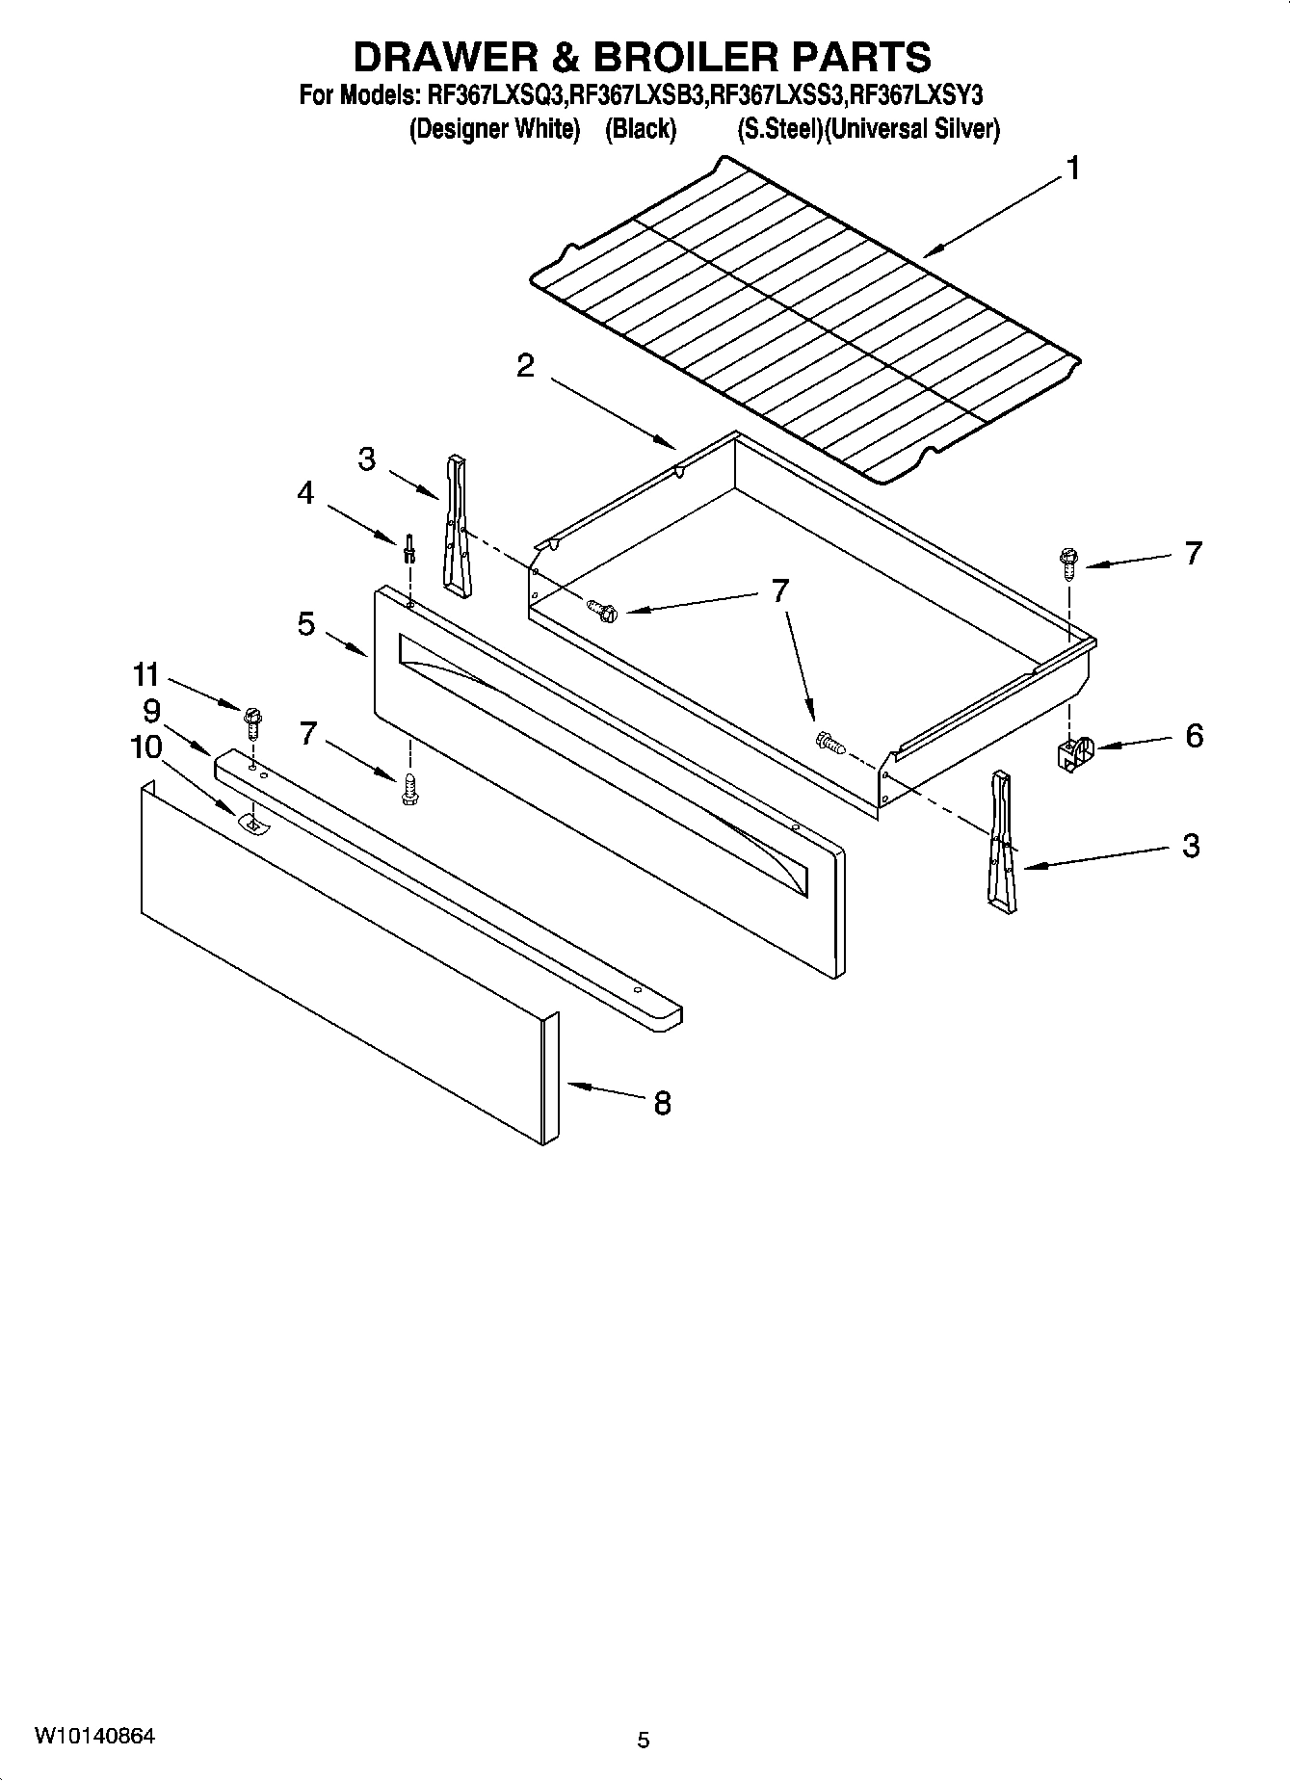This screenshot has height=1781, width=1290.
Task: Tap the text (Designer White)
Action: coord(495,129)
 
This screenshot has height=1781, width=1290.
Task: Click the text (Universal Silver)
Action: coord(913,129)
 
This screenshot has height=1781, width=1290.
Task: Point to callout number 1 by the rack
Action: coord(1071,170)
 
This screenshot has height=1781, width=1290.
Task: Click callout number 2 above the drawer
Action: coord(525,366)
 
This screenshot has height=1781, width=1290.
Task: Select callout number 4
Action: coord(305,494)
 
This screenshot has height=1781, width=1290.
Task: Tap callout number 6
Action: coord(1194,736)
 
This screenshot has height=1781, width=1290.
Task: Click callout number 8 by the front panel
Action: coord(662,1103)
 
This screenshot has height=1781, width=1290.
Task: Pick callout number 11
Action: coord(145,674)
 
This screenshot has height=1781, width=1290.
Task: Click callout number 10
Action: coord(146,746)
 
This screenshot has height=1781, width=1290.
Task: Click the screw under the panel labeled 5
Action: coord(410,788)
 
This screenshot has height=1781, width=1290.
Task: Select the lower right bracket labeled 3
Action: coord(999,842)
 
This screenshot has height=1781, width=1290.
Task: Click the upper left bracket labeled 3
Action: coord(457,527)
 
